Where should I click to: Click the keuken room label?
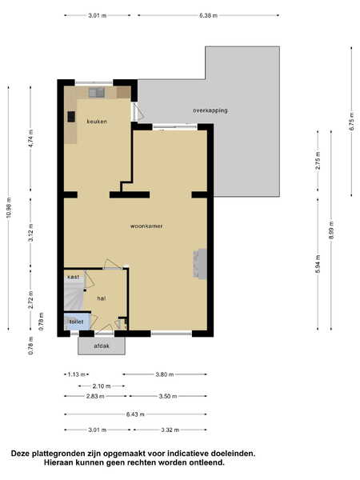pyautogui.click(x=97, y=122)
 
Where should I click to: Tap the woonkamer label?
pyautogui.click(x=146, y=226)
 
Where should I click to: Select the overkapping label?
pyautogui.click(x=210, y=110)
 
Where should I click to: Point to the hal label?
pyautogui.click(x=102, y=298)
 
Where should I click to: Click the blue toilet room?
pyautogui.click(x=77, y=321)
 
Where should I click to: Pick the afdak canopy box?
pyautogui.click(x=102, y=346)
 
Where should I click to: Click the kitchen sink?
pyautogui.click(x=97, y=92)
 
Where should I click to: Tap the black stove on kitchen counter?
pyautogui.click(x=71, y=117)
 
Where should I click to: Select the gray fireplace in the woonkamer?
pyautogui.click(x=199, y=263)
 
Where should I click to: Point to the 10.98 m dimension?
pyautogui.click(x=8, y=208)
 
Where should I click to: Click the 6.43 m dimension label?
pyautogui.click(x=135, y=414)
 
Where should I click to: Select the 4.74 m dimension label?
pyautogui.click(x=30, y=138)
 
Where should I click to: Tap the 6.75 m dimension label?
pyautogui.click(x=352, y=122)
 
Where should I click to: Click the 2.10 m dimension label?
pyautogui.click(x=102, y=386)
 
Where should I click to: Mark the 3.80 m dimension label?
pyautogui.click(x=164, y=374)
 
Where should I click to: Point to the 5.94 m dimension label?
pyautogui.click(x=318, y=265)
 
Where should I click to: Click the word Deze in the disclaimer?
pyautogui.click(x=22, y=454)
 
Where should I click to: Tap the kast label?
pyautogui.click(x=73, y=277)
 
